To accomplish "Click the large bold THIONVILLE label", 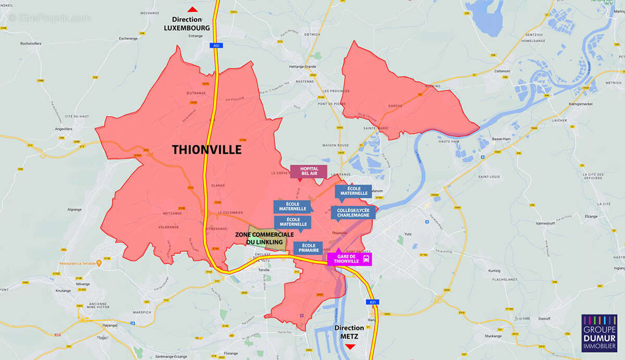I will click(207, 150).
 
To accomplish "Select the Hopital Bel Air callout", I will click(308, 171).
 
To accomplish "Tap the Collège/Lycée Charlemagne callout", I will click(353, 212).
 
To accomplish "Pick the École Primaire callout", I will click(308, 248).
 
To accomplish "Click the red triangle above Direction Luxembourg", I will click(193, 9).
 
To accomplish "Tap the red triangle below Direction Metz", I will click(351, 346).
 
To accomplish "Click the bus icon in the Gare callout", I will click(367, 258).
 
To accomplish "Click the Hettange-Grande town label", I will click(303, 67).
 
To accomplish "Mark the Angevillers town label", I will click(64, 129).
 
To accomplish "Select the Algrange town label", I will click(74, 209).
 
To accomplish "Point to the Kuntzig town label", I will click(495, 271).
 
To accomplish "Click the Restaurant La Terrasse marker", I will click(98, 263).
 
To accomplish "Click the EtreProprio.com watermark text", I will click(49, 18).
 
